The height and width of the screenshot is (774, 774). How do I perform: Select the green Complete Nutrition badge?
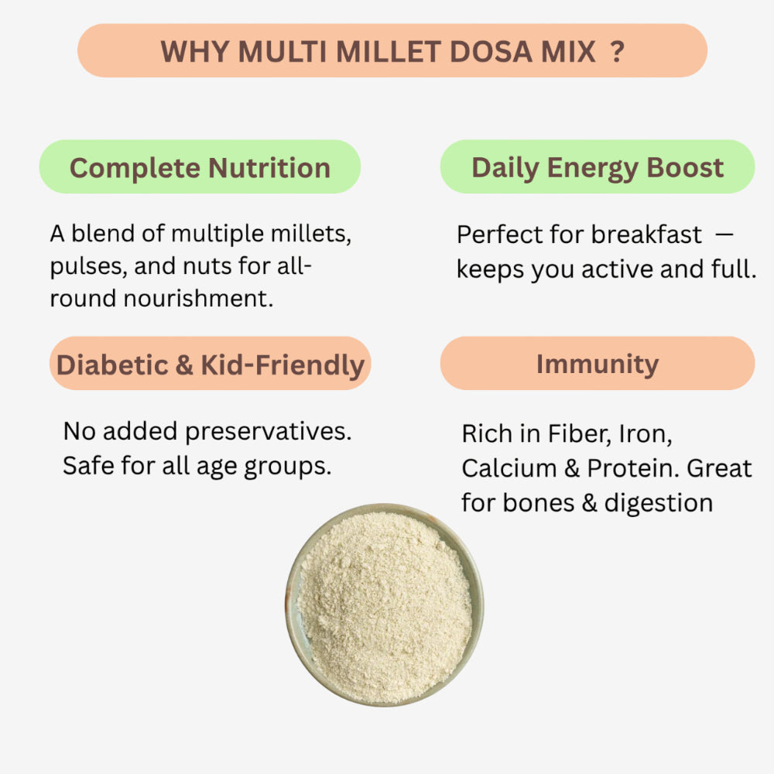pyautogui.click(x=200, y=167)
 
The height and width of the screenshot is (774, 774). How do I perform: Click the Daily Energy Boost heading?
pyautogui.click(x=598, y=167)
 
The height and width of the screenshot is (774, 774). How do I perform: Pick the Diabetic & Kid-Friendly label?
pyautogui.click(x=210, y=364)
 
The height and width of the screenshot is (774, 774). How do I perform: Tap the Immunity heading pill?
pyautogui.click(x=598, y=364)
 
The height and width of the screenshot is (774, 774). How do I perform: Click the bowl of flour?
pyautogui.click(x=385, y=604)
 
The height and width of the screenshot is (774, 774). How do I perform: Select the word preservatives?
pyautogui.click(x=269, y=431)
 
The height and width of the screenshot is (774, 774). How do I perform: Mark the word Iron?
pyautogui.click(x=644, y=433)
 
